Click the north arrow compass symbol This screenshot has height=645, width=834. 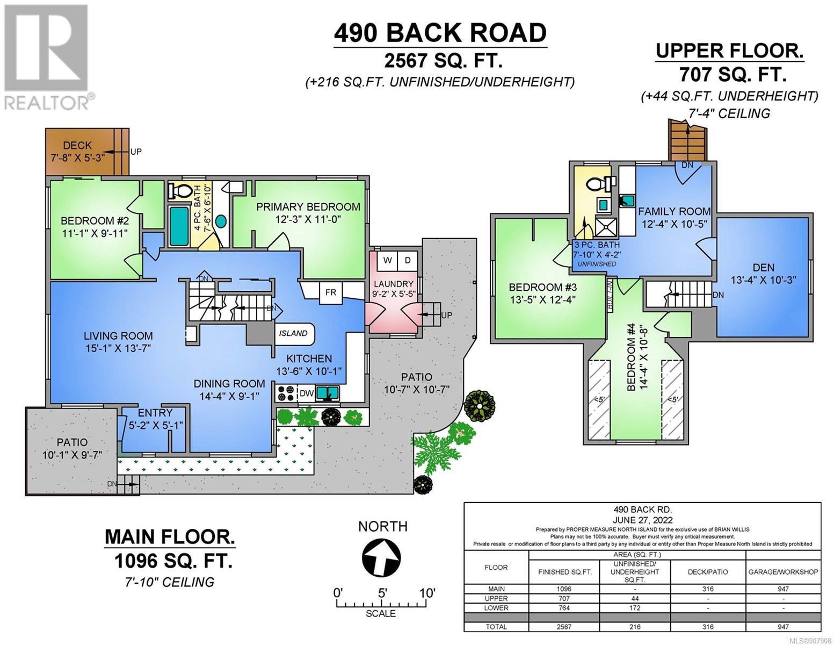pos(381,557)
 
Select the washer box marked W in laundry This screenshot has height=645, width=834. pos(387,261)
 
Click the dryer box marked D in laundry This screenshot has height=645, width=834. pos(408,261)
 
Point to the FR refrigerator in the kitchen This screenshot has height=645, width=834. pos(331,292)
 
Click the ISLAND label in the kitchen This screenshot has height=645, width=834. pos(293,333)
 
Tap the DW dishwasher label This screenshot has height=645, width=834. pos(307,393)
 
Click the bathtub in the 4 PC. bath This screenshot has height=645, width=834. pos(179,226)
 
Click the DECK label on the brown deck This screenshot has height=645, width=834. pos(77,146)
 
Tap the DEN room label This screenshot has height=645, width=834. pos(763,267)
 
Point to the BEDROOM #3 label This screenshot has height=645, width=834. pos(543,288)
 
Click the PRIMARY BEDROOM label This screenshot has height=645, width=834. pos(308,207)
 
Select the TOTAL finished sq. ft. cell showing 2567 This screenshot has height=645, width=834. pos(564,627)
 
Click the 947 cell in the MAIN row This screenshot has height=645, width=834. pos(783,589)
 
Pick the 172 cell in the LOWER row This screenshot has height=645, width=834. pos(635,608)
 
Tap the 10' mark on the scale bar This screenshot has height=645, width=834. pos(427,593)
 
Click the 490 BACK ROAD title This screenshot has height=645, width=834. pos(440,33)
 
